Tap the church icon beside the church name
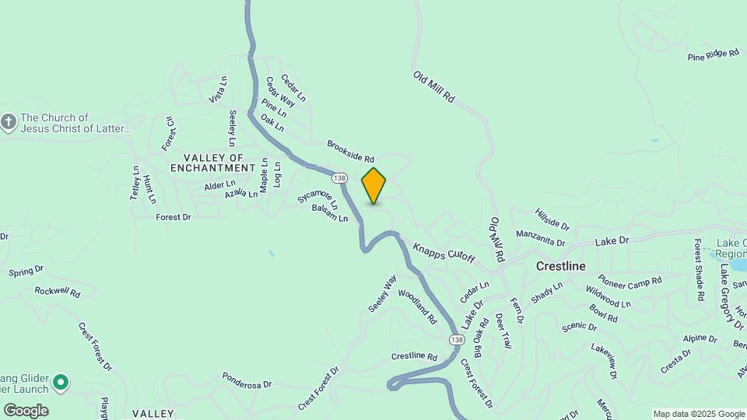[9, 122]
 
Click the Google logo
[26, 410]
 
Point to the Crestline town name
[560, 266]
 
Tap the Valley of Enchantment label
[212, 162]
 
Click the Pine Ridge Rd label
[713, 54]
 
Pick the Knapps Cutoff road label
[444, 252]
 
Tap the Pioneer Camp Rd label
[630, 279]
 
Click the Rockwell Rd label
[58, 292]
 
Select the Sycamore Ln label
[318, 198]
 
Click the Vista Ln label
[218, 89]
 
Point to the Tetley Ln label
[135, 184]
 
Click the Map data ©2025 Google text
[698, 414]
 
